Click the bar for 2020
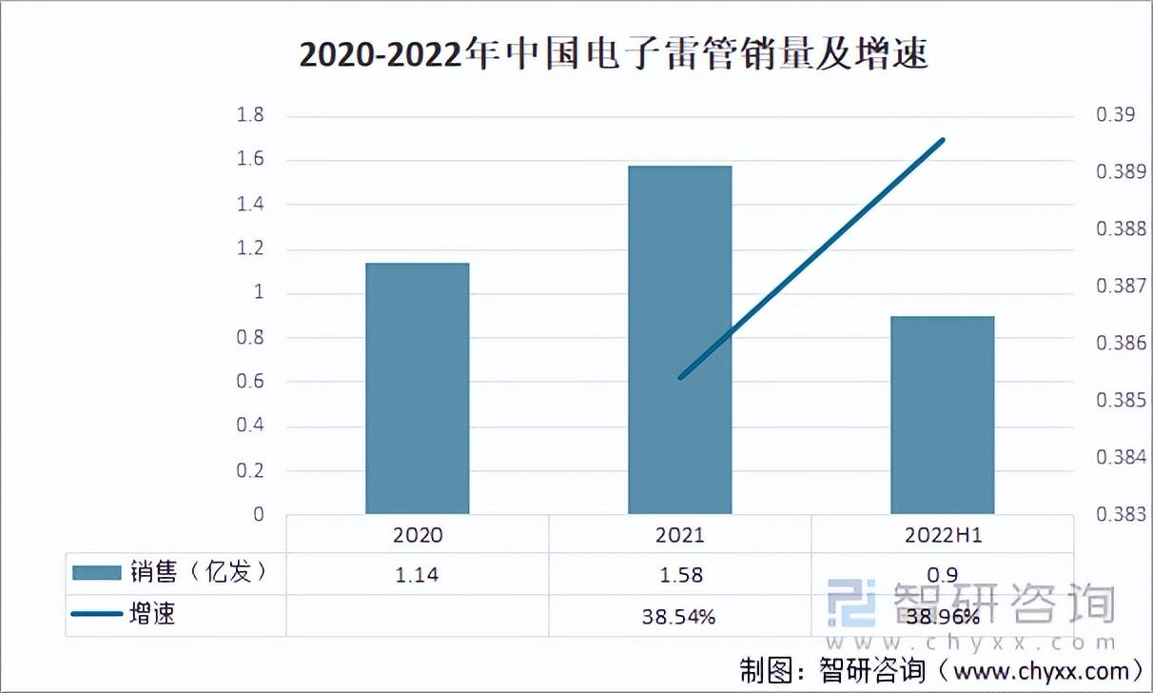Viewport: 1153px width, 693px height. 418,388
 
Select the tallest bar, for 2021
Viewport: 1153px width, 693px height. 679,340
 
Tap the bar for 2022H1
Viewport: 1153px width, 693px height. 942,415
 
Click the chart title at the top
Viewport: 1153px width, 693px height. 614,55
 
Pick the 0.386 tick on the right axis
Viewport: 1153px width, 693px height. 1119,343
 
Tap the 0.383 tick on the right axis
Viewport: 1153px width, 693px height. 1119,514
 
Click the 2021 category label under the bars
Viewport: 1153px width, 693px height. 679,535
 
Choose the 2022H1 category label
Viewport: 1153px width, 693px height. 942,535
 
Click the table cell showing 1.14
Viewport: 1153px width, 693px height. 418,575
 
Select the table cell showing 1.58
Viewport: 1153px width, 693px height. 679,575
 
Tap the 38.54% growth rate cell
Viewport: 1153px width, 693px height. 679,617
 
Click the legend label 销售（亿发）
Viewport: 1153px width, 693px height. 196,573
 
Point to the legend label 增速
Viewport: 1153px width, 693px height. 152,615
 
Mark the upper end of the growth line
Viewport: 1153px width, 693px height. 942,140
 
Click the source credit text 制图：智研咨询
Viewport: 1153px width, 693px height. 832,669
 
